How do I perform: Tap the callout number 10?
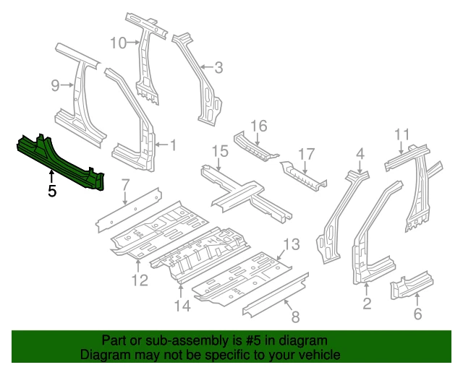[118, 43]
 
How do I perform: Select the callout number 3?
[218, 69]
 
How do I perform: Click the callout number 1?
[173, 145]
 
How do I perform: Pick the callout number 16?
[258, 127]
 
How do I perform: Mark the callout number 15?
[220, 151]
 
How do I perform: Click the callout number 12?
[139, 280]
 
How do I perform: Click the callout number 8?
[294, 315]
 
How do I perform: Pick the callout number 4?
[360, 152]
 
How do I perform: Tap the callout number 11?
[402, 134]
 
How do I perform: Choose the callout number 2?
[367, 304]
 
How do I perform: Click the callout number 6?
[417, 314]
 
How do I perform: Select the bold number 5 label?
[51, 192]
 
